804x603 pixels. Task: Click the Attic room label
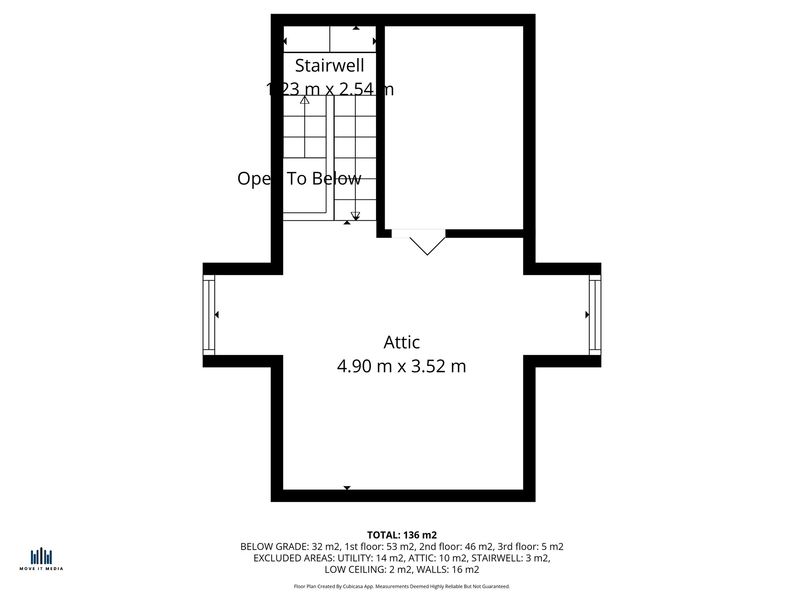[401, 342]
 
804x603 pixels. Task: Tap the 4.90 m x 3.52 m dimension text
[401, 366]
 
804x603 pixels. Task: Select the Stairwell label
[329, 66]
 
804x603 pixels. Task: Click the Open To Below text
[299, 179]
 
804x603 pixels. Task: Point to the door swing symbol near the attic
[427, 246]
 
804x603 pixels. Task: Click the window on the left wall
[209, 314]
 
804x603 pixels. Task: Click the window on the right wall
[595, 314]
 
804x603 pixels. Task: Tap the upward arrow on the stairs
[305, 100]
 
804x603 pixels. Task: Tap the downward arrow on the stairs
[355, 216]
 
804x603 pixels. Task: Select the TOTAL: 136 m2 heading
[402, 535]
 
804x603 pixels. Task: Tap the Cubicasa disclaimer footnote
[402, 587]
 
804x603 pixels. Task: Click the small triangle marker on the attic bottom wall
[347, 488]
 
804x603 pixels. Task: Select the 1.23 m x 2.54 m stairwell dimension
[330, 89]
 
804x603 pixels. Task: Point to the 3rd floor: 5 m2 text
[530, 546]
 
